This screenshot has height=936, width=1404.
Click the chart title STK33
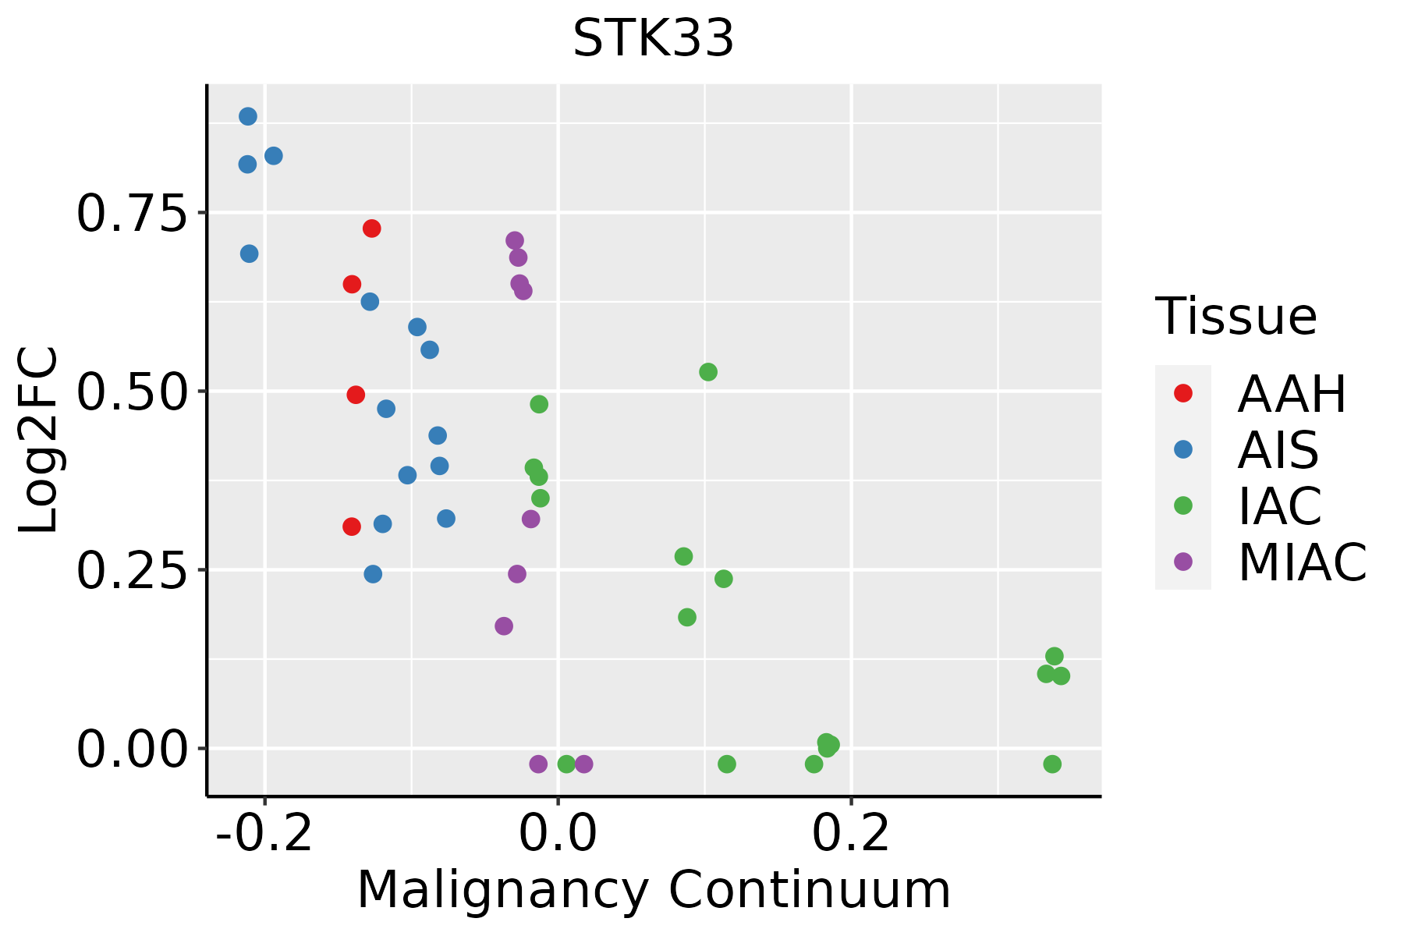pos(654,39)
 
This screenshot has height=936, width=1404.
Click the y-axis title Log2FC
pos(39,440)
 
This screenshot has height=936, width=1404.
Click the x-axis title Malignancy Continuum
pos(654,890)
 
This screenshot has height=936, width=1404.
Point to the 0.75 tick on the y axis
pos(133,213)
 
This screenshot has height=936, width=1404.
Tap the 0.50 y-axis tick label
pos(133,392)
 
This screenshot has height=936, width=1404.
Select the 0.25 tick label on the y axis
pos(133,570)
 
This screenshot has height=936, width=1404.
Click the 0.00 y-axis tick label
pos(133,749)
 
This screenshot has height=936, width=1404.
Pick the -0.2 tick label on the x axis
pos(265,834)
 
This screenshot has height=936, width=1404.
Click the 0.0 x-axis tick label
pos(558,834)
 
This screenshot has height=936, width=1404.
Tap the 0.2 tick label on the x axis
pos(852,834)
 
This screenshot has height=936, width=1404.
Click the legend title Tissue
pos(1236,317)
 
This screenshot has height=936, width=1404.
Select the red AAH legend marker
pos(1183,393)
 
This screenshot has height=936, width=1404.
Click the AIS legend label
pos(1278,450)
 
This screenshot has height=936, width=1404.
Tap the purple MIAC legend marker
pos(1183,562)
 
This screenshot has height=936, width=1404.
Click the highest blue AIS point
pos(248,117)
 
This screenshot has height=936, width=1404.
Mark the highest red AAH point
pos(372,229)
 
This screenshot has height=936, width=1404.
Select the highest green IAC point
pos(708,372)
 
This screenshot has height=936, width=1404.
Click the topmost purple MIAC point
pos(515,240)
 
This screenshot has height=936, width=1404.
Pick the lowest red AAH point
pos(352,526)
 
